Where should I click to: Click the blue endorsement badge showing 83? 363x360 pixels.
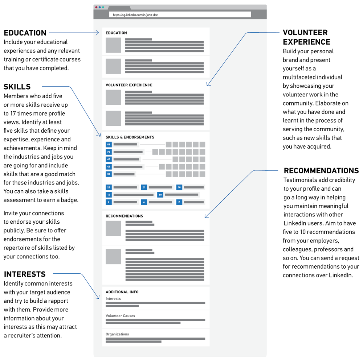109,145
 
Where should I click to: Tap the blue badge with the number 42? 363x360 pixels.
109,166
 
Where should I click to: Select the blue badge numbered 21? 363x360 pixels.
144,187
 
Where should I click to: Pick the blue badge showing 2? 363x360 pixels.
179,202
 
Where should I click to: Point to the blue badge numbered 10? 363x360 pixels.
160,195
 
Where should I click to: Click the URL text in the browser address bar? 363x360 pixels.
135,15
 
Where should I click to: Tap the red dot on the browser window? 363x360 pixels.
96,7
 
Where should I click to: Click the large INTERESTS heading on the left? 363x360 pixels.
25,274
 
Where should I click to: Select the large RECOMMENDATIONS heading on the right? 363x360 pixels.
321,171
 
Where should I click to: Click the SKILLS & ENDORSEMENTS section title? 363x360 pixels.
130,137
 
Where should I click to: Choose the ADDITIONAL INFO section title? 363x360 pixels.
122,292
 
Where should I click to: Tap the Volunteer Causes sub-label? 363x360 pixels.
120,316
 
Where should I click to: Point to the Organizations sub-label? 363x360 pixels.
117,334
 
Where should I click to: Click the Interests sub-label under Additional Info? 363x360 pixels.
113,299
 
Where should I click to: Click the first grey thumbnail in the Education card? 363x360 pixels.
113,45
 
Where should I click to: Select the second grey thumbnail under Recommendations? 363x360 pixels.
113,257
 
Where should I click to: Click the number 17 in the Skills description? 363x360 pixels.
13,113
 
